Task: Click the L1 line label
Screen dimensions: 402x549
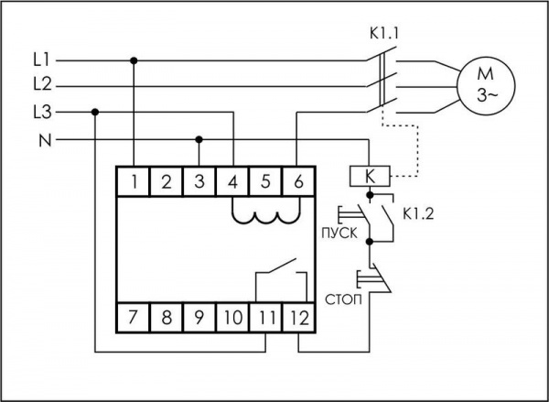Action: (x=41, y=60)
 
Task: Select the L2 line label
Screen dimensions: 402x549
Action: (x=41, y=86)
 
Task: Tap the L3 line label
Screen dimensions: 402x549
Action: (x=41, y=113)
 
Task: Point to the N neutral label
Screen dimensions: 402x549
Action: (x=41, y=140)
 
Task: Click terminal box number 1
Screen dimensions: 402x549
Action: (x=134, y=181)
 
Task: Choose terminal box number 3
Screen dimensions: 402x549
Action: (x=199, y=181)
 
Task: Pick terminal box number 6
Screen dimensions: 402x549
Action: (x=298, y=181)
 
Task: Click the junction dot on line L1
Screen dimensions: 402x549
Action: (x=135, y=60)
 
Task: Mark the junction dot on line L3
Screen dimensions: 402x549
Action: (x=95, y=113)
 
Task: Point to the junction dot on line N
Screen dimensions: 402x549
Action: (x=199, y=140)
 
